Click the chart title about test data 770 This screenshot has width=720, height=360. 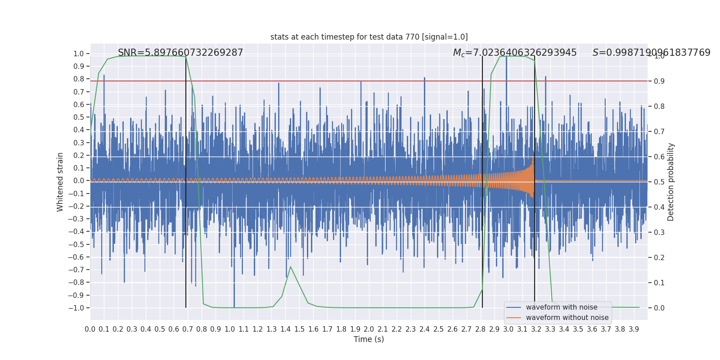point(369,37)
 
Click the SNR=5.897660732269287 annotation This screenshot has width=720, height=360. point(180,53)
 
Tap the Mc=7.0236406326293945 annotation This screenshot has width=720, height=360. point(515,53)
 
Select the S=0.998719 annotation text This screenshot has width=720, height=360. point(651,53)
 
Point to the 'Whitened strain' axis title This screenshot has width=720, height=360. point(60,182)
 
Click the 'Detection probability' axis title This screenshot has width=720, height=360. point(671,182)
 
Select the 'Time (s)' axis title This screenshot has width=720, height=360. point(369,339)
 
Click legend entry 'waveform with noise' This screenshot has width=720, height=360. point(562,307)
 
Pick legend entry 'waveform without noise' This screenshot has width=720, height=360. point(567,318)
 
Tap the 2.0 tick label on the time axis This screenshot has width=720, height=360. point(369,329)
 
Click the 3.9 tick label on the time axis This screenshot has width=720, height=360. point(634,329)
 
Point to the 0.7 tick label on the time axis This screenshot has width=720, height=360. point(188,329)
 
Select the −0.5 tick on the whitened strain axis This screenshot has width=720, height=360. point(78,244)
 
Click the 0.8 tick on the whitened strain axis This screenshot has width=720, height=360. point(79,79)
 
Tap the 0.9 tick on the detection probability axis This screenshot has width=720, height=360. point(659,81)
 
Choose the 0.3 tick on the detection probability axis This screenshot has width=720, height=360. point(659,233)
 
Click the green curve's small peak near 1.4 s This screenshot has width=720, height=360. point(290,267)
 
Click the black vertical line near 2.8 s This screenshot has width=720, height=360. point(482,180)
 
